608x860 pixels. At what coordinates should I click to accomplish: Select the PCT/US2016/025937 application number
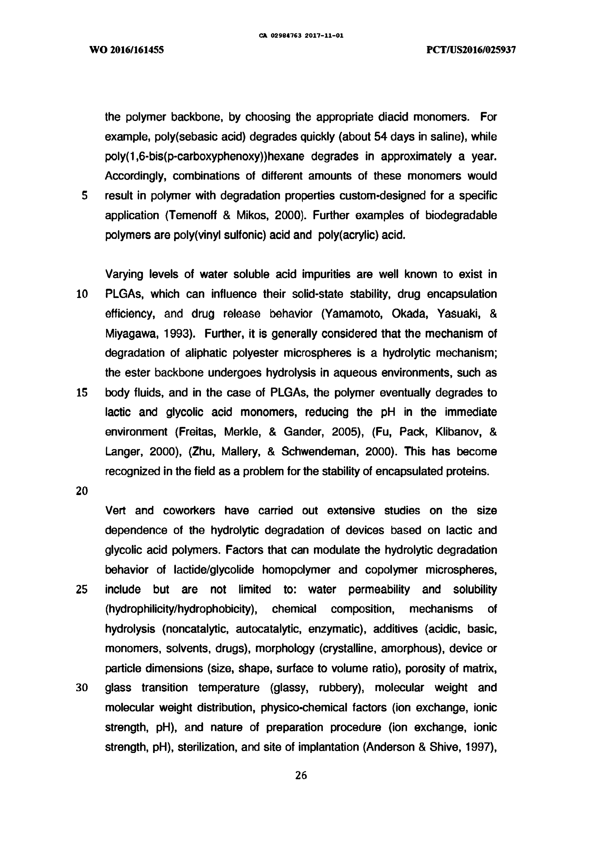471,50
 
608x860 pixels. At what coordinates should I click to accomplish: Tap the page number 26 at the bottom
301,775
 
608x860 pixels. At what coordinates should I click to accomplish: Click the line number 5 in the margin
84,196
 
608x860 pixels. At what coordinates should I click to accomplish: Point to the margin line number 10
82,294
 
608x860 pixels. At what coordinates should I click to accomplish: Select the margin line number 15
82,392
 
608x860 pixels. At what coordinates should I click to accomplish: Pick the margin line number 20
82,491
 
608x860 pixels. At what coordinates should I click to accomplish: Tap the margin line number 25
82,590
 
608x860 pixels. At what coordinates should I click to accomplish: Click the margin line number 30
82,688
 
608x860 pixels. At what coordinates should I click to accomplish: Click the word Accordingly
135,176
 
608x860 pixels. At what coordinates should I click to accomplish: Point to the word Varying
124,274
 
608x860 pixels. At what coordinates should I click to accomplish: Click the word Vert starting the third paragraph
116,511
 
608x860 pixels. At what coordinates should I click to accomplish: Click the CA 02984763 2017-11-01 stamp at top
301,36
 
